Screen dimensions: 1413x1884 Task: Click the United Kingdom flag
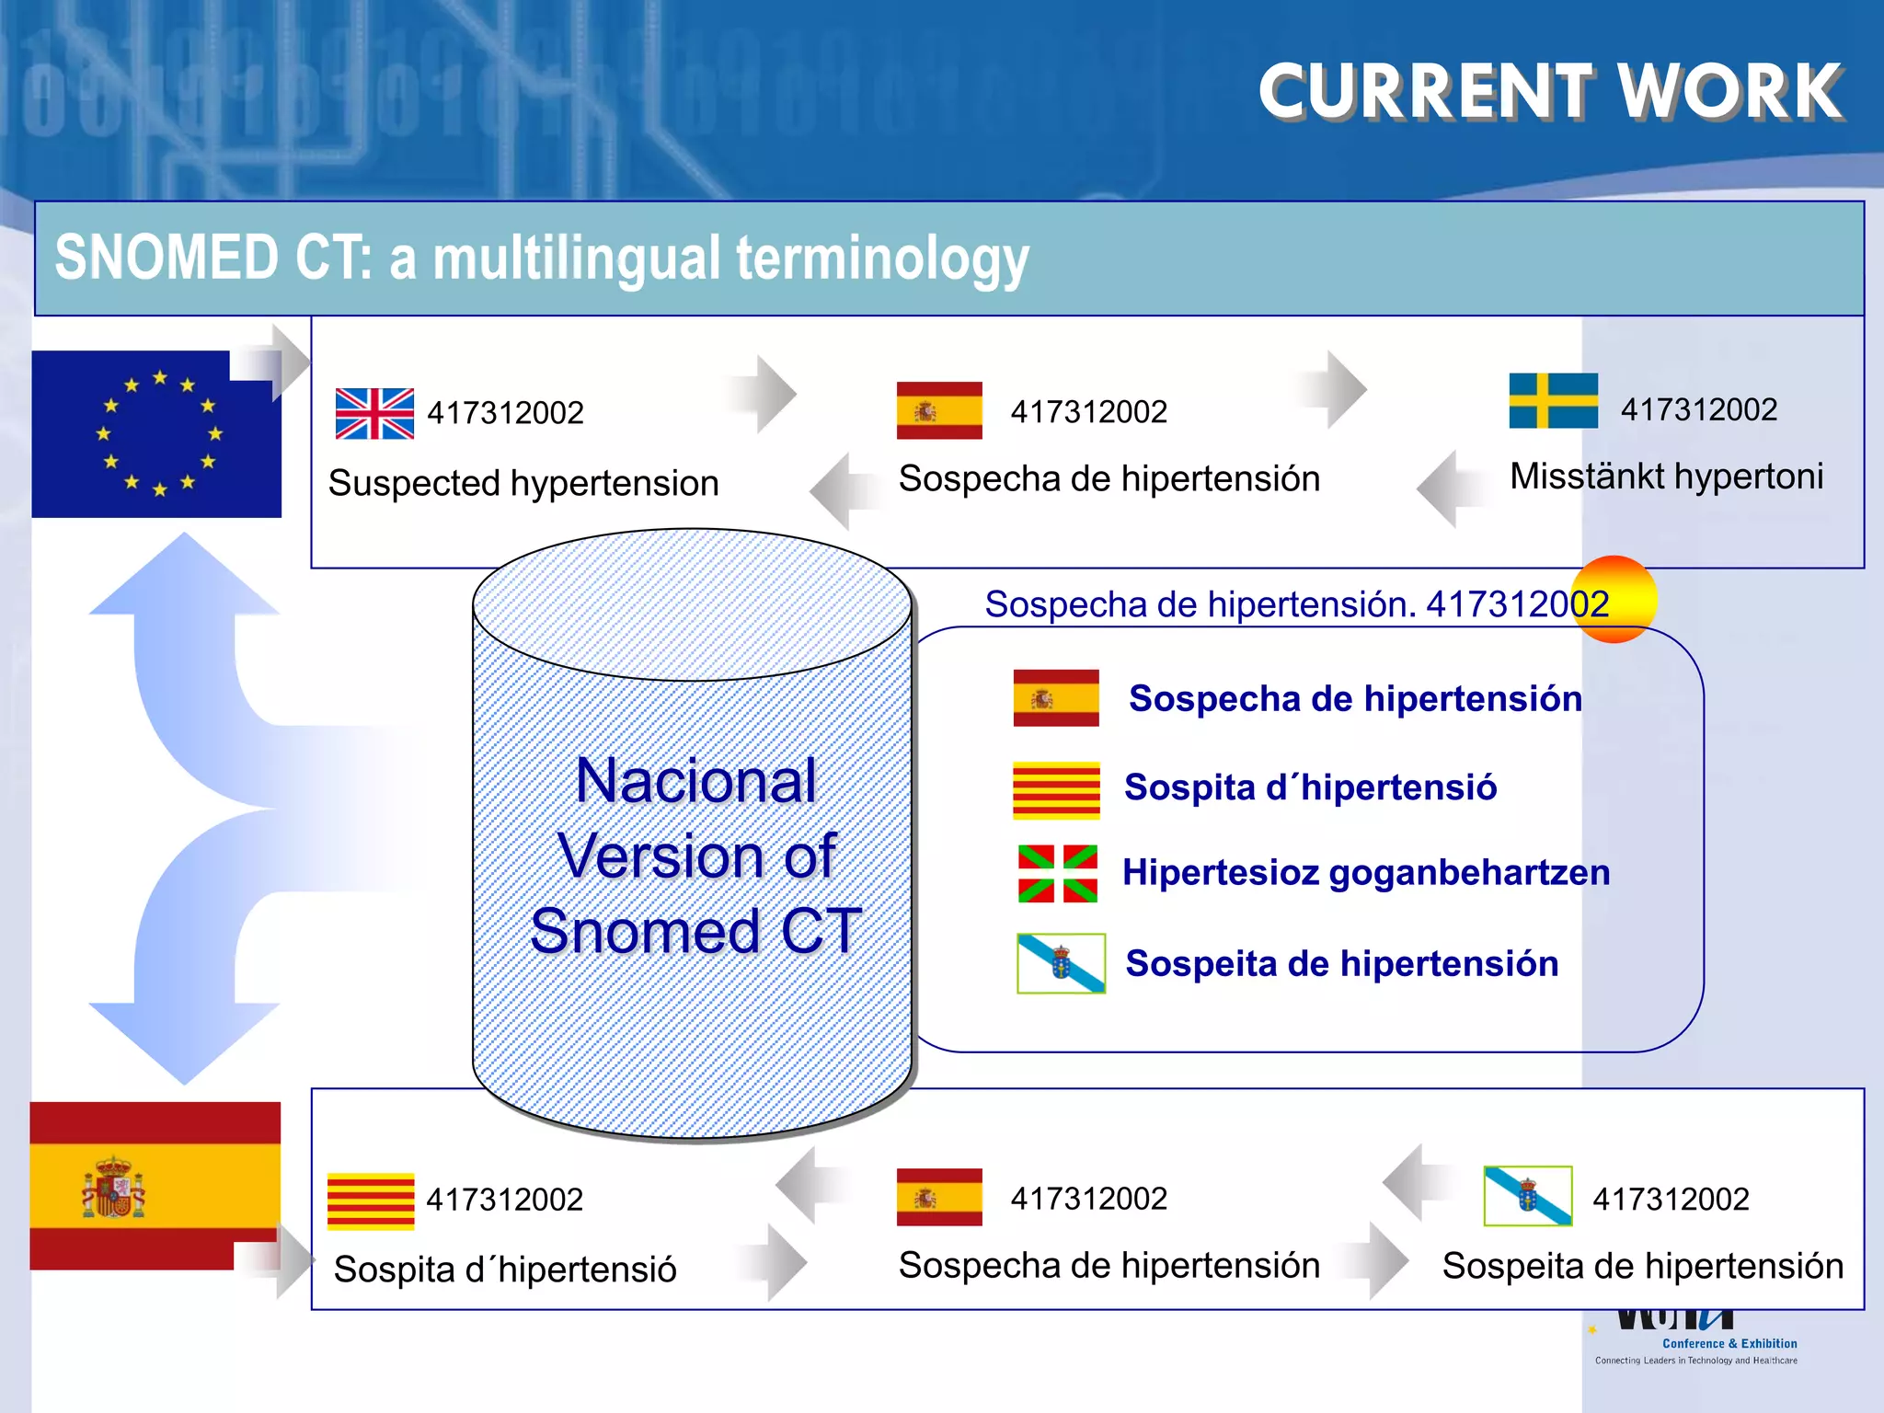pos(374,413)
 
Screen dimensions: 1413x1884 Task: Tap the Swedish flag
pos(1553,400)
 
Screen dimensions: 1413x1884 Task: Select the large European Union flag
pos(156,433)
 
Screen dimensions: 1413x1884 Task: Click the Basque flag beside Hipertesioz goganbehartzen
pos(1057,873)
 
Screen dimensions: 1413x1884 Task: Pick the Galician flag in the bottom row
pos(1527,1196)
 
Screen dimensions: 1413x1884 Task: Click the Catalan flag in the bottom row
pos(371,1201)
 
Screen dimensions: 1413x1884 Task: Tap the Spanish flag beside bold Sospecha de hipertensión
pos(1056,697)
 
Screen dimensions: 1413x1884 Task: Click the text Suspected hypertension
pos(523,483)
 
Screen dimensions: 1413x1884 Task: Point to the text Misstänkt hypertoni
pos(1666,477)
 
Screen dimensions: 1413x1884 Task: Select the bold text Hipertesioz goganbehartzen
pos(1366,872)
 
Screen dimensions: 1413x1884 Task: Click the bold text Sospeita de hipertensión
pos(1341,963)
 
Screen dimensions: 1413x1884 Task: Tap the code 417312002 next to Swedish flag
pos(1698,409)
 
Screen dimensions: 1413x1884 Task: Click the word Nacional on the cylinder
pos(695,781)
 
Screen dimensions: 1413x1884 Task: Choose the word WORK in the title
pos(1729,92)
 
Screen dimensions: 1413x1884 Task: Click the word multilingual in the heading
pos(577,258)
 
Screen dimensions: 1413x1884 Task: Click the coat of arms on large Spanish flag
pos(114,1188)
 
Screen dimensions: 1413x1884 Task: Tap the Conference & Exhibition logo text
pos(1729,1343)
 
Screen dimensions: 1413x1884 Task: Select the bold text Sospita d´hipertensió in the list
pos(1310,787)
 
